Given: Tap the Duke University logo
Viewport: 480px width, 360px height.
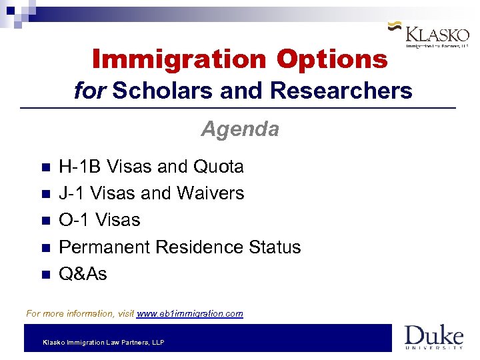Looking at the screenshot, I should (433, 337).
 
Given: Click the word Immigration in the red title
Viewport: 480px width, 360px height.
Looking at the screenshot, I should (179, 59).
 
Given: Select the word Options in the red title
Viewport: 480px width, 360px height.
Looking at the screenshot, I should (332, 59).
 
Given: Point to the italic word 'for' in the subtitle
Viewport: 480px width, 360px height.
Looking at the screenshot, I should (90, 90).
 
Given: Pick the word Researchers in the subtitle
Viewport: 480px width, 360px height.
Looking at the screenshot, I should (338, 90).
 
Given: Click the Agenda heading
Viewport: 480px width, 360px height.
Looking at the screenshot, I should (240, 128).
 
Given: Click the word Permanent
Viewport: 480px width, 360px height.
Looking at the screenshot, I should (105, 247).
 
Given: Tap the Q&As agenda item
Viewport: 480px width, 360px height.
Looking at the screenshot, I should (83, 274).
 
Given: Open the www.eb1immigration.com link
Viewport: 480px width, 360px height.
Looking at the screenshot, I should (189, 313).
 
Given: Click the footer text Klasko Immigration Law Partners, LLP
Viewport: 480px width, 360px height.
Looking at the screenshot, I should (103, 343).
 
